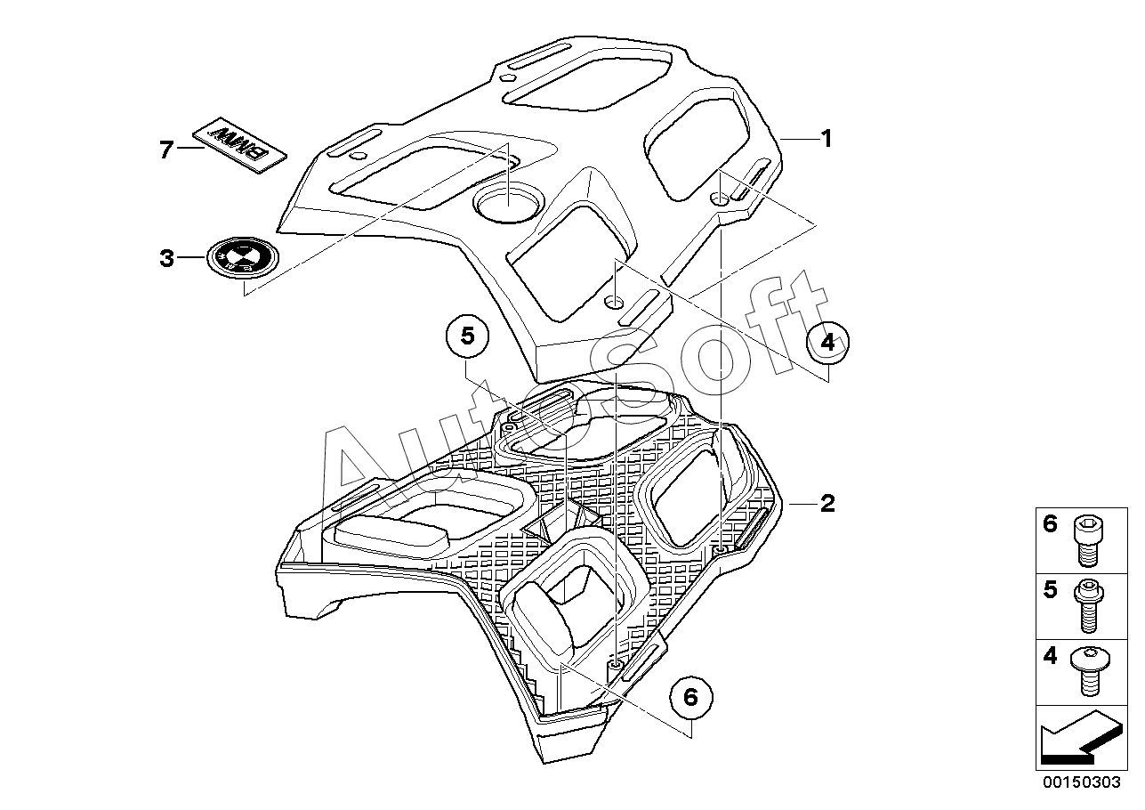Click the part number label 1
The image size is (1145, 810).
826,139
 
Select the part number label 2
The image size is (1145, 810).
827,503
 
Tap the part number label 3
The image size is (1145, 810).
166,258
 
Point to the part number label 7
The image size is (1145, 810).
166,150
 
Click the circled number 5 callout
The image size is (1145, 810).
468,336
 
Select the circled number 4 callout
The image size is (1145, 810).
827,342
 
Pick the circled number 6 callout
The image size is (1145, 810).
691,697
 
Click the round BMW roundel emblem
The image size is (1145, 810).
243,257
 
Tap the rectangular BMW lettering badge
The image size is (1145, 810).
239,145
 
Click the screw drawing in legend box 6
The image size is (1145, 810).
1089,541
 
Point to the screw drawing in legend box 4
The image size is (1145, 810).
1090,671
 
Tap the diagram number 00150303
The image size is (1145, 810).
1081,782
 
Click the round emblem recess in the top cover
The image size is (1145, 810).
508,201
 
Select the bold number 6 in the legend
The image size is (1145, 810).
1050,524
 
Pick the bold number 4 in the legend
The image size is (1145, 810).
1050,656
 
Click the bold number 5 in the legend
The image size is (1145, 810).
1050,589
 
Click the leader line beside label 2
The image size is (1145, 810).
803,504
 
